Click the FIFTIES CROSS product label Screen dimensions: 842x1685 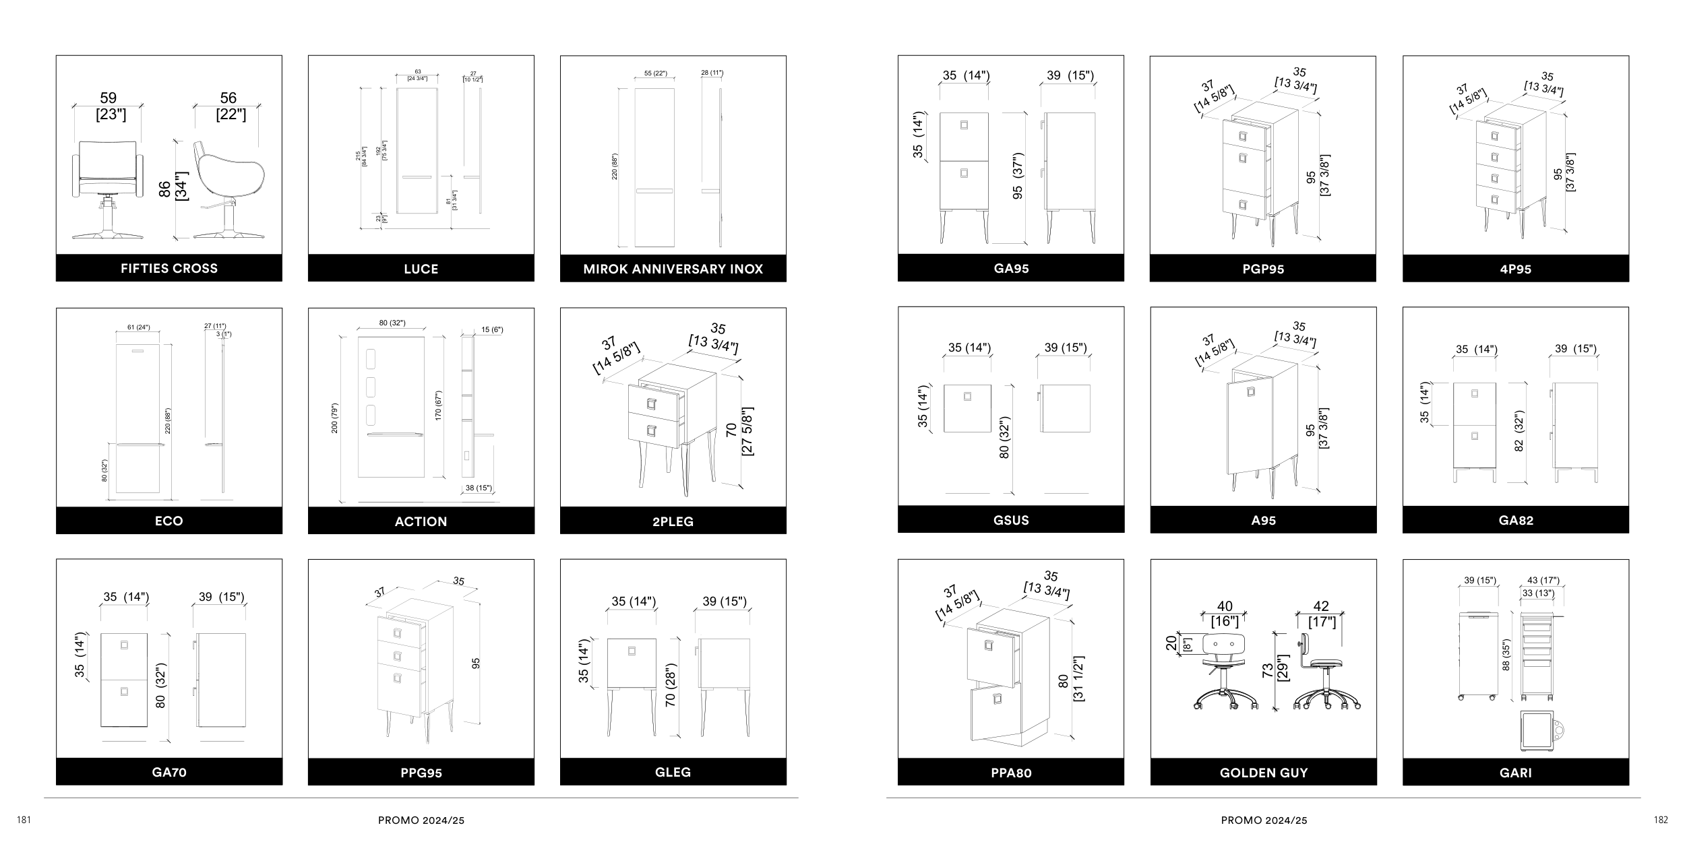pos(169,268)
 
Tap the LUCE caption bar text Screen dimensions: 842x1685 pos(421,269)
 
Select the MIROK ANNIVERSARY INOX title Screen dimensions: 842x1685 pos(673,269)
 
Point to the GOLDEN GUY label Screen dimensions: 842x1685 pos(1263,773)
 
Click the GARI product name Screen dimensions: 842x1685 pos(1515,773)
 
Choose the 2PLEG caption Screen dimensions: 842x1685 pos(673,521)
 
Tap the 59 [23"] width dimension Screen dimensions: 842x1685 pos(109,106)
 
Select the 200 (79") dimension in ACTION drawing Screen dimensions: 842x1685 pos(335,418)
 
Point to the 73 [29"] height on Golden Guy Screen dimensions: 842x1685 pos(1275,670)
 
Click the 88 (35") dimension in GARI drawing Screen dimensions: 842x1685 pos(1506,655)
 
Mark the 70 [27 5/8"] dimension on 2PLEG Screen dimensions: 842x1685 pos(739,431)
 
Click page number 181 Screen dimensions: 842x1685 pos(24,820)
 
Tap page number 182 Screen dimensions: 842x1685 pos(1661,820)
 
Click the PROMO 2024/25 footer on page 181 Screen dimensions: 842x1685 pos(421,820)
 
